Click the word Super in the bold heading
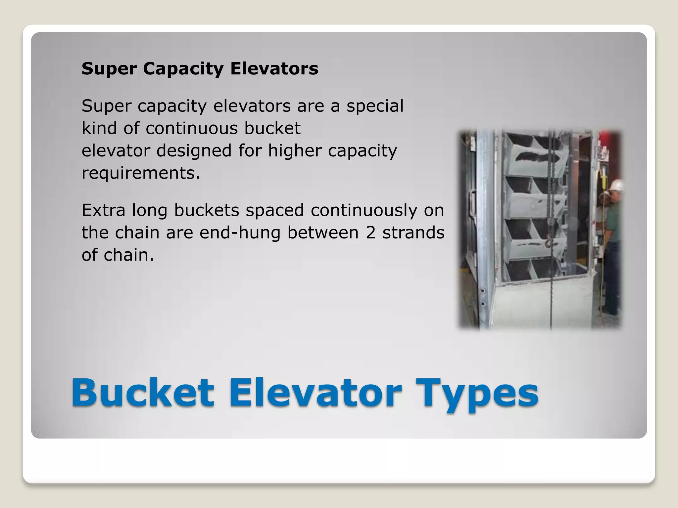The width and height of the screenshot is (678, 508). coord(109,69)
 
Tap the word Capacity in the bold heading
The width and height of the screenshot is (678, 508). coord(183,69)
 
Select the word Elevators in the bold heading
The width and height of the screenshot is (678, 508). coord(274,69)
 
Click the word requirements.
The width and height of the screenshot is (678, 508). coord(141,173)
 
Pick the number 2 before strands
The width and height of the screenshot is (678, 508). coord(371,233)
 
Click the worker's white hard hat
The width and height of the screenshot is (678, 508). coord(617,185)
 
